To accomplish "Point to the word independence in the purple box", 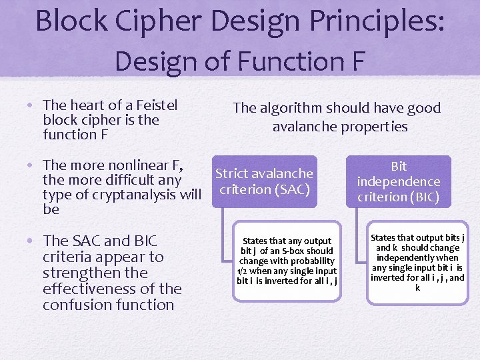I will click(x=399, y=181).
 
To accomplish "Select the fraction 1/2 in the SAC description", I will click(x=243, y=271).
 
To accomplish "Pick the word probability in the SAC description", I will click(x=311, y=261).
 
